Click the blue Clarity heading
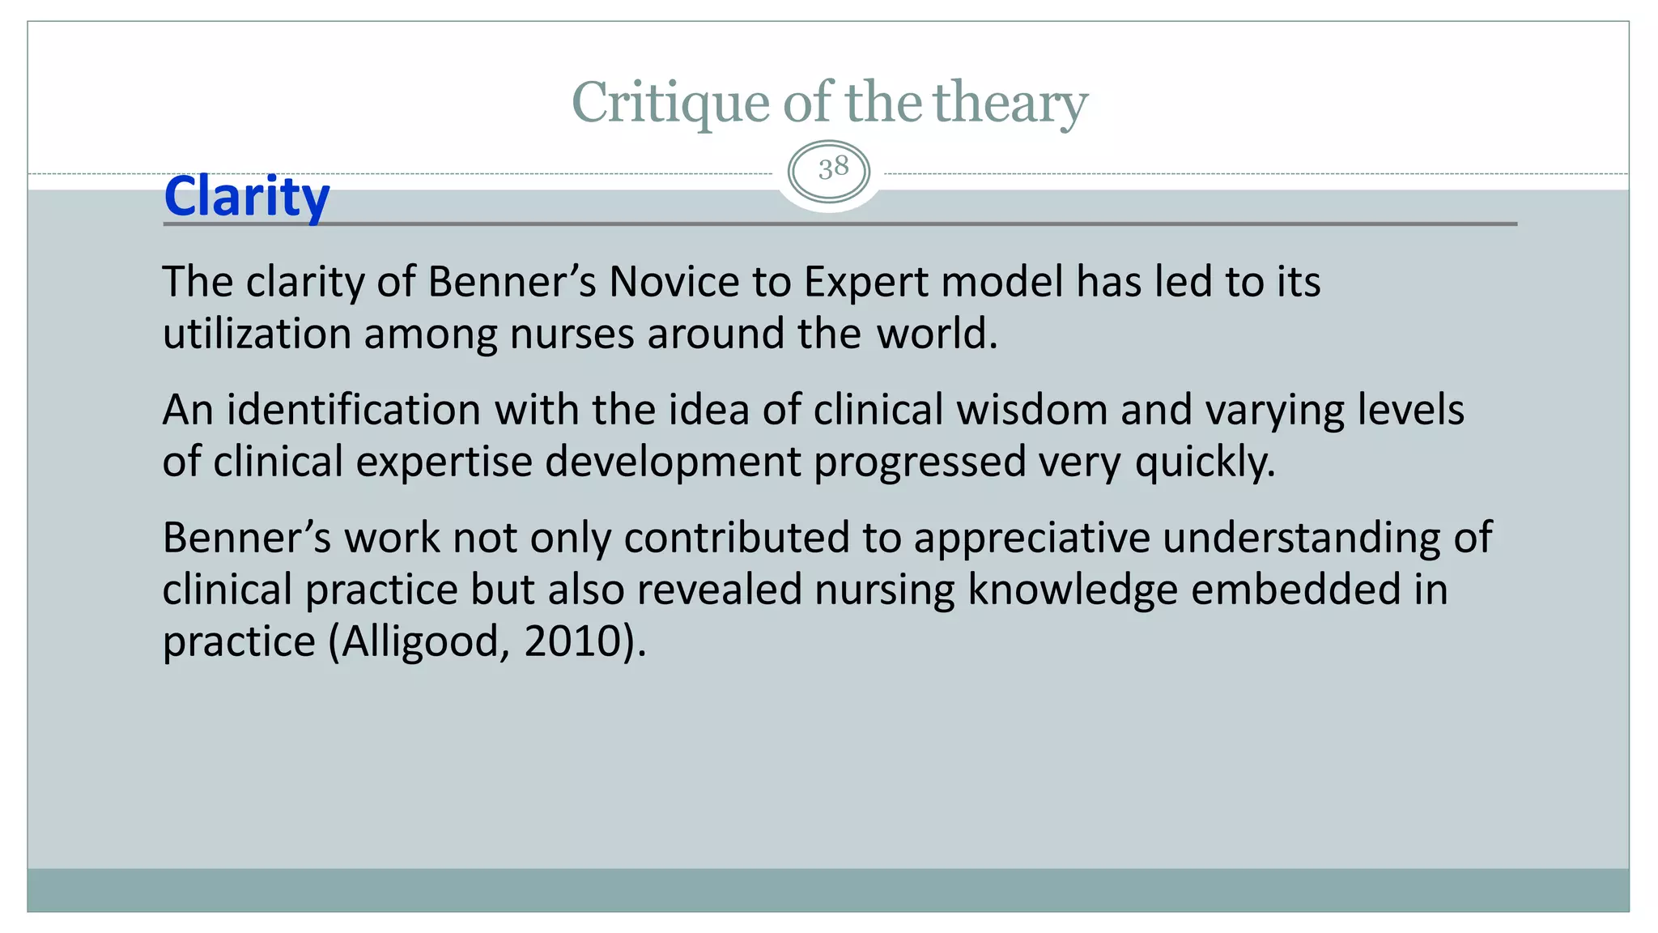point(247,196)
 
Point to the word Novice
point(674,282)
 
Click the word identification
point(353,410)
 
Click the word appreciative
point(1031,538)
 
